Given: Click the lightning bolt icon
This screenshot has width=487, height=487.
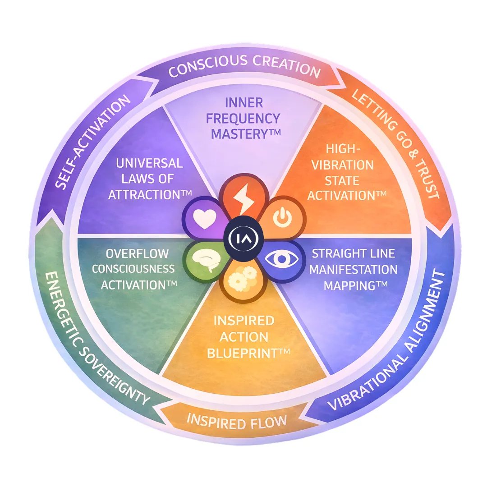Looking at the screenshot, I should pos(244,202).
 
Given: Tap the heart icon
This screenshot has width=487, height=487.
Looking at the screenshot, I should pos(202,220).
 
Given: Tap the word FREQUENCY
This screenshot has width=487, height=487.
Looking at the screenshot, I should pos(244,119).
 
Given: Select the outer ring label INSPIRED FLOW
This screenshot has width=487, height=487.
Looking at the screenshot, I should pos(237,423).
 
